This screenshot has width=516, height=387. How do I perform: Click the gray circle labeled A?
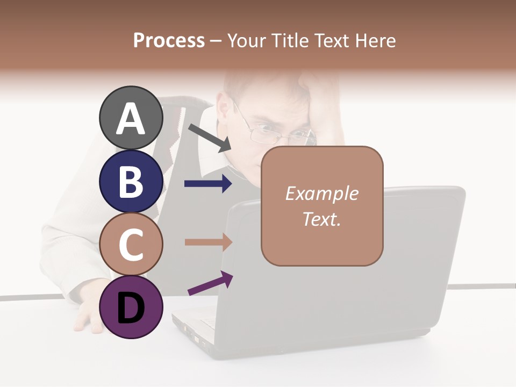[x=131, y=118]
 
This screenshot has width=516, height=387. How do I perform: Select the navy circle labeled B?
[x=131, y=181]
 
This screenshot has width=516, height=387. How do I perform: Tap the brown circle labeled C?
[x=131, y=244]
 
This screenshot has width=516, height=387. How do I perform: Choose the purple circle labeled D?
[x=131, y=307]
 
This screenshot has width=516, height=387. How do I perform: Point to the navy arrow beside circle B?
[x=208, y=184]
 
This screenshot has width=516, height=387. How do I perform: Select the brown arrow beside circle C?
[x=208, y=242]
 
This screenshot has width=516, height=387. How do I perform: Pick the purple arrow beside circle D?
[x=210, y=283]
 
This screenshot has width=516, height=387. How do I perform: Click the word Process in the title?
[x=169, y=40]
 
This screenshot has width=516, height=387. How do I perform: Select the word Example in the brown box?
[x=321, y=193]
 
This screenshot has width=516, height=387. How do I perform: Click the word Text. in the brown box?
[x=321, y=219]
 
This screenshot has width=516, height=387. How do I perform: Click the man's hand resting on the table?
[x=86, y=317]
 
